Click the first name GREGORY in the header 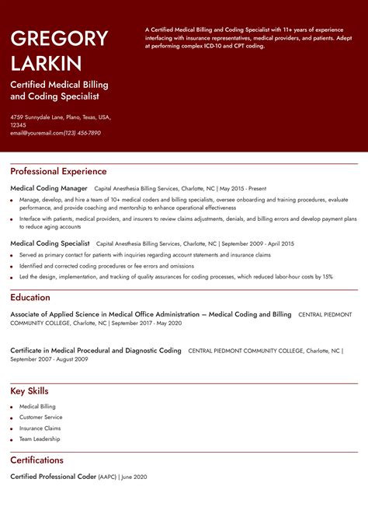tap(59, 38)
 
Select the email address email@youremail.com tap(36, 133)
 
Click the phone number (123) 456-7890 tap(82, 133)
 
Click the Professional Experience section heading tap(58, 171)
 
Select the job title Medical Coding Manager tap(48, 188)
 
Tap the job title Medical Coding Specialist tap(50, 243)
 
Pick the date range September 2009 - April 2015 tap(259, 243)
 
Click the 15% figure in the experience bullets tap(327, 276)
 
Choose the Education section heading tap(30, 297)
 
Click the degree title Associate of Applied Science tap(70, 314)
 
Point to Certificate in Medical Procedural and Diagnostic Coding tap(95, 351)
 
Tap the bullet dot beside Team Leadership tap(12, 439)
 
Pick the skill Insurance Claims tap(40, 428)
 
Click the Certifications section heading tap(36, 460)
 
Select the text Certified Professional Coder tap(53, 476)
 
